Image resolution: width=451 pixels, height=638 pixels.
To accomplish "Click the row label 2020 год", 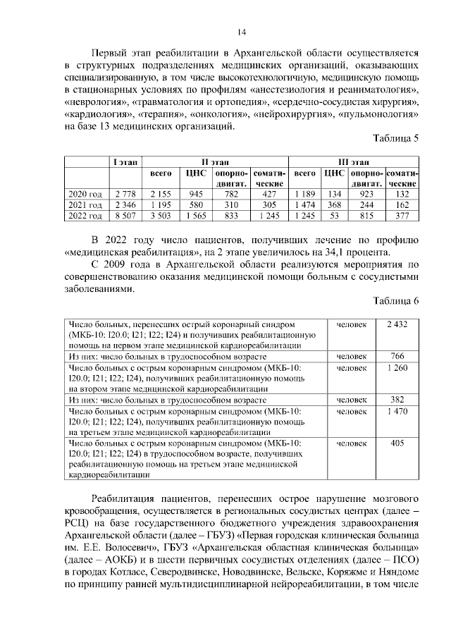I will coord(85,194).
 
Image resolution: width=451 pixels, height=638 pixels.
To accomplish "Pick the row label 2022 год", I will coord(85,215).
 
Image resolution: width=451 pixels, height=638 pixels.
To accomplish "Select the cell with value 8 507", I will coord(125,215).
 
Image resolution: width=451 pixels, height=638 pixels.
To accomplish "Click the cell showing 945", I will coord(196,194).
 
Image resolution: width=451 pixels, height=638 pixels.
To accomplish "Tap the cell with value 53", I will coord(334,215).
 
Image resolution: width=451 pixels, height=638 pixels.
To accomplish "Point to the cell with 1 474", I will coord(304,204).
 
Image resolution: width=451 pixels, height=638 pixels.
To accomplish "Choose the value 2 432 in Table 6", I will coord(397,324).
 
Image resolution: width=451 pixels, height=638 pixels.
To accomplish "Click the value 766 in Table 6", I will coord(397,356).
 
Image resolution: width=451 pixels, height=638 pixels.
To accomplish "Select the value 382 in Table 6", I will coord(397,400).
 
